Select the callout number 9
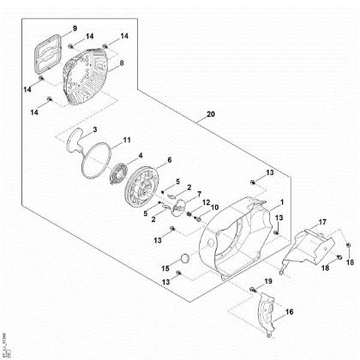(75, 28)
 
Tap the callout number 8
(121, 63)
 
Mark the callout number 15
(165, 268)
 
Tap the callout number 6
(214, 207)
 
